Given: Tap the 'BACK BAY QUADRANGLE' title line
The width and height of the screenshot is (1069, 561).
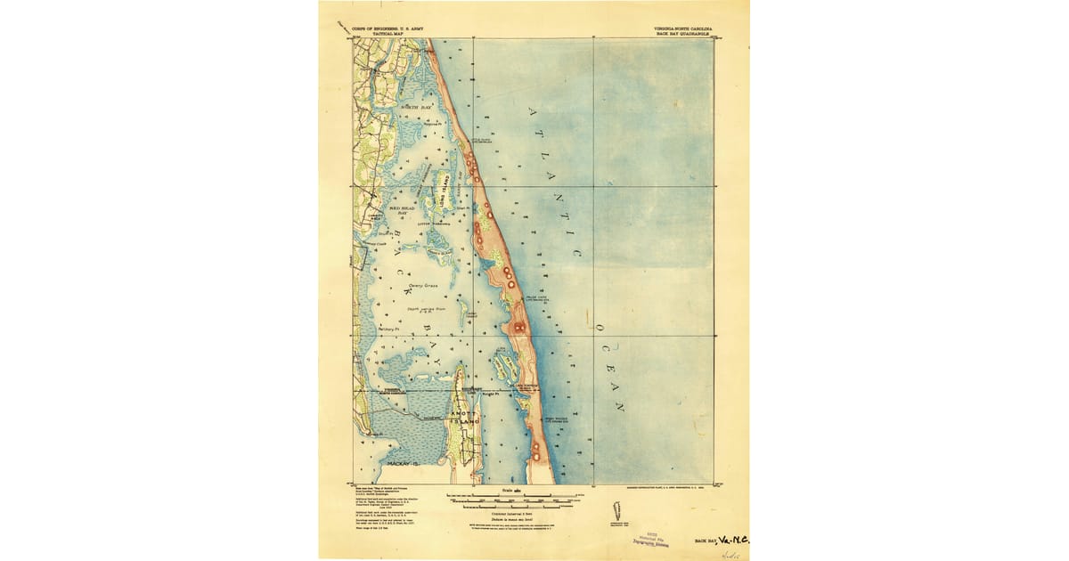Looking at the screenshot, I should [x=683, y=33].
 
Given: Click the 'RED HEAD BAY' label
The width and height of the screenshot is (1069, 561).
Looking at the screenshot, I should [x=402, y=211].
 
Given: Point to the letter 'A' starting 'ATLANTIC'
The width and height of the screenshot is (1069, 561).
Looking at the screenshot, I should [x=533, y=112].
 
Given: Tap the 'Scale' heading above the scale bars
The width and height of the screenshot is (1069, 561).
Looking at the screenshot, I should [x=507, y=489].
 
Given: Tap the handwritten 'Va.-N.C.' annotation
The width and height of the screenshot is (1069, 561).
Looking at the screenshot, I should [x=732, y=539].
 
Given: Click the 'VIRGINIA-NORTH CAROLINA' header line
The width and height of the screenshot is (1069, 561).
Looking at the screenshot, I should [x=683, y=28].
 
